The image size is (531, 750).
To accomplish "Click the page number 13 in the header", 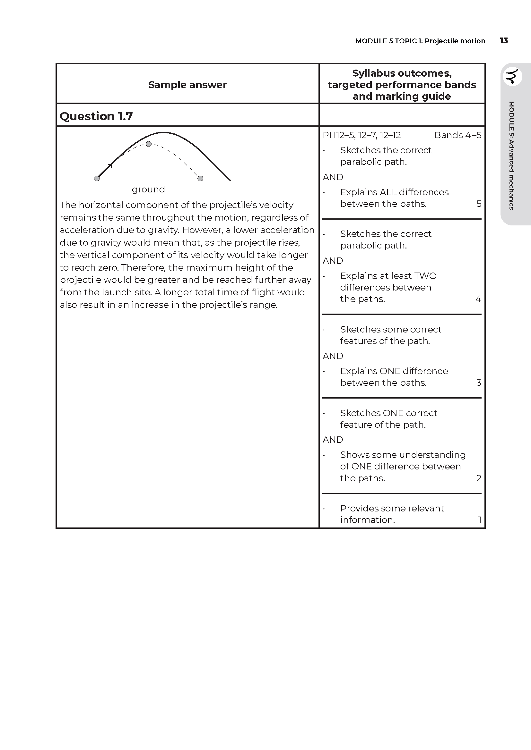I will (x=503, y=40).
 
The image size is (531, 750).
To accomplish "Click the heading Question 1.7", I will (x=96, y=116).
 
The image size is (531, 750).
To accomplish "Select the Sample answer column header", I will (x=187, y=85).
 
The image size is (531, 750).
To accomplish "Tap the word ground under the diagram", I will (x=148, y=189).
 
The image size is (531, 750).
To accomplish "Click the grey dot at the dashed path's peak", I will (x=148, y=144).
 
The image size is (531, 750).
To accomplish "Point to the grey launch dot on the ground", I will (x=97, y=178).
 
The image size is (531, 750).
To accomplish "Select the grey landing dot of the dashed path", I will (x=200, y=178).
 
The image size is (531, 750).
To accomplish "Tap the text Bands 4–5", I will (x=457, y=135).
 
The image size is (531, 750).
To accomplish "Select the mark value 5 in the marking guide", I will (x=479, y=204).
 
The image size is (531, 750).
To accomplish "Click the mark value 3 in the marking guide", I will (x=479, y=383).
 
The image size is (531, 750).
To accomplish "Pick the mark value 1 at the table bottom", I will (x=479, y=520).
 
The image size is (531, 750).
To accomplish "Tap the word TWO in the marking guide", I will (x=425, y=276).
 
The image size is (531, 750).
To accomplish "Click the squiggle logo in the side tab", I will (x=512, y=76).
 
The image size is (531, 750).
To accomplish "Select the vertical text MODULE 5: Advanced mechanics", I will (x=512, y=155).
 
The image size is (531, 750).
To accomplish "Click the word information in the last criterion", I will (x=367, y=520).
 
